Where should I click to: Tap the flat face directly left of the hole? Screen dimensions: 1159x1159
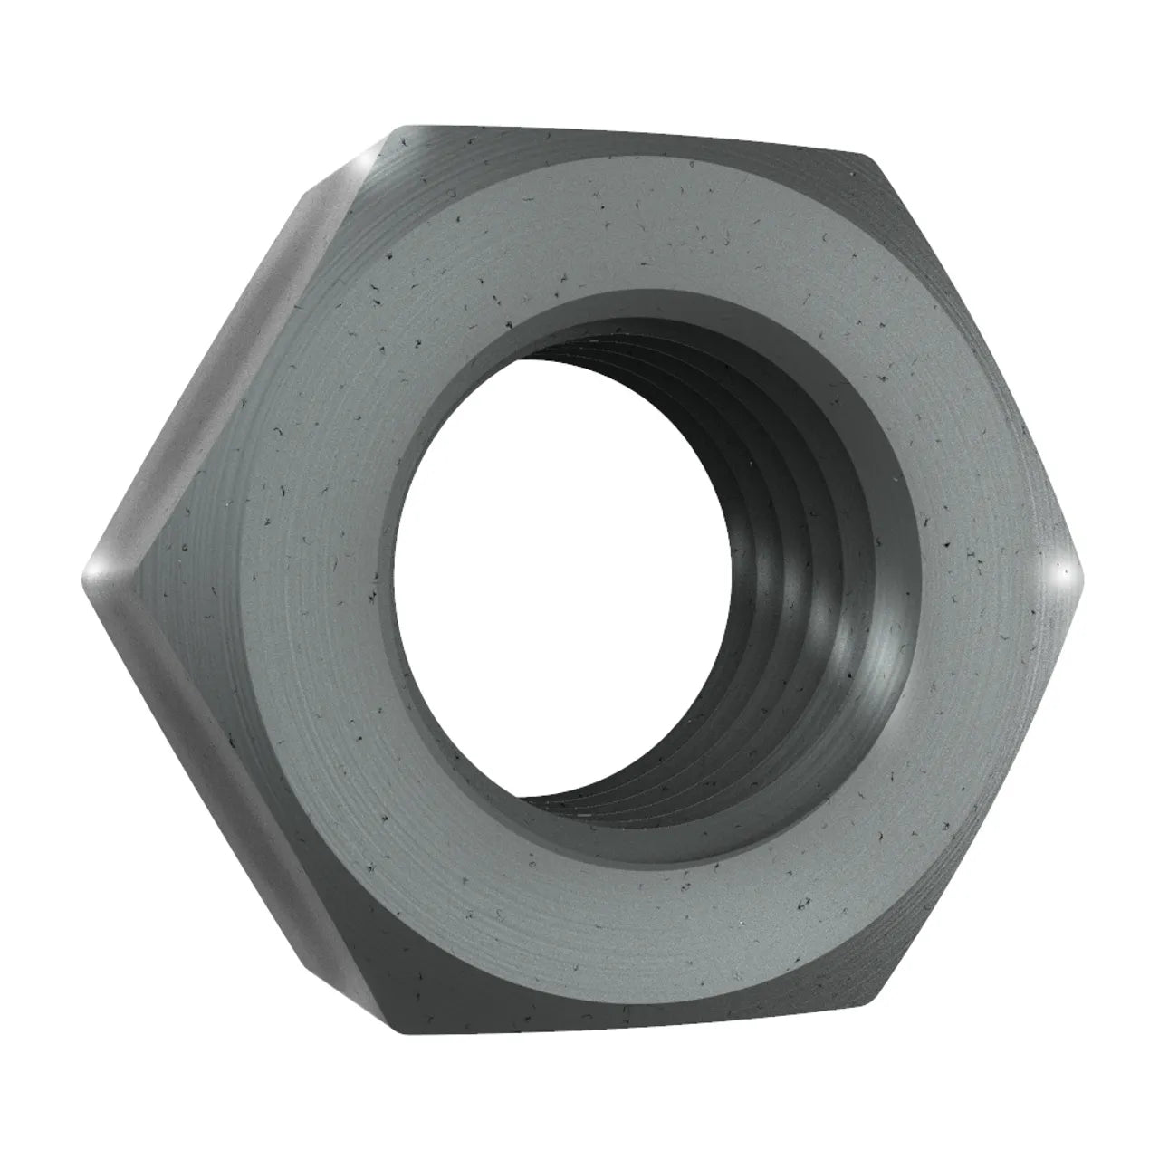tap(299, 579)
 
